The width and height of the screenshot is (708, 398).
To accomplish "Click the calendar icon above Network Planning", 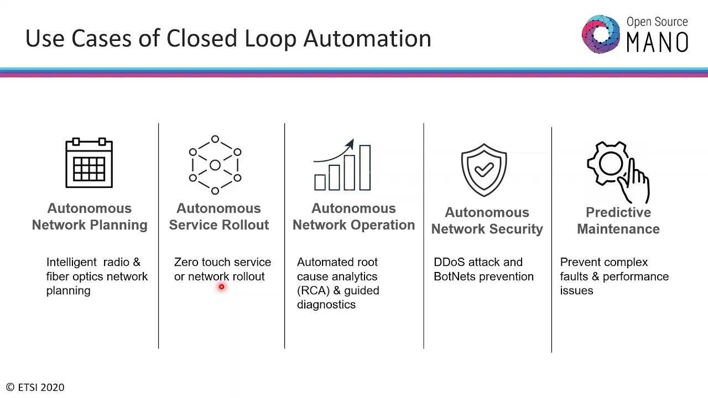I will [89, 164].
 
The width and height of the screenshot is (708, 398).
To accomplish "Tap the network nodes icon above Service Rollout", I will [215, 165].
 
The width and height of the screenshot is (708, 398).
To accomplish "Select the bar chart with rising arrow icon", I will [342, 165].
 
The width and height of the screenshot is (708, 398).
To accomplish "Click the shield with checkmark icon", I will [484, 170].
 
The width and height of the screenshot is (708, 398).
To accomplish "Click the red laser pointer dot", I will [221, 287].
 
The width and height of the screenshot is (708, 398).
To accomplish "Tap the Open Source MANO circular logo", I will [601, 35].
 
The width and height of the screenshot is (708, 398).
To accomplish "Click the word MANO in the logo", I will [657, 42].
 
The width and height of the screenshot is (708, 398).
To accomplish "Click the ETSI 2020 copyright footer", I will [35, 387].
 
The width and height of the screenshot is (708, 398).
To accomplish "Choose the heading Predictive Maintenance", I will [618, 221].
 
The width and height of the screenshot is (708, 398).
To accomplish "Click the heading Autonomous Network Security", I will [487, 221].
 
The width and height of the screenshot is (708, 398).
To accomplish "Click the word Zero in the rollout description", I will [186, 262].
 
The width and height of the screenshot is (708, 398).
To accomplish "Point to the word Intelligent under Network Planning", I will [71, 262].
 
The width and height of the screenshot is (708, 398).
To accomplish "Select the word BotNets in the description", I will [453, 276].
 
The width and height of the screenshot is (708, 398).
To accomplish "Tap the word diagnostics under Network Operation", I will [326, 305].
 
